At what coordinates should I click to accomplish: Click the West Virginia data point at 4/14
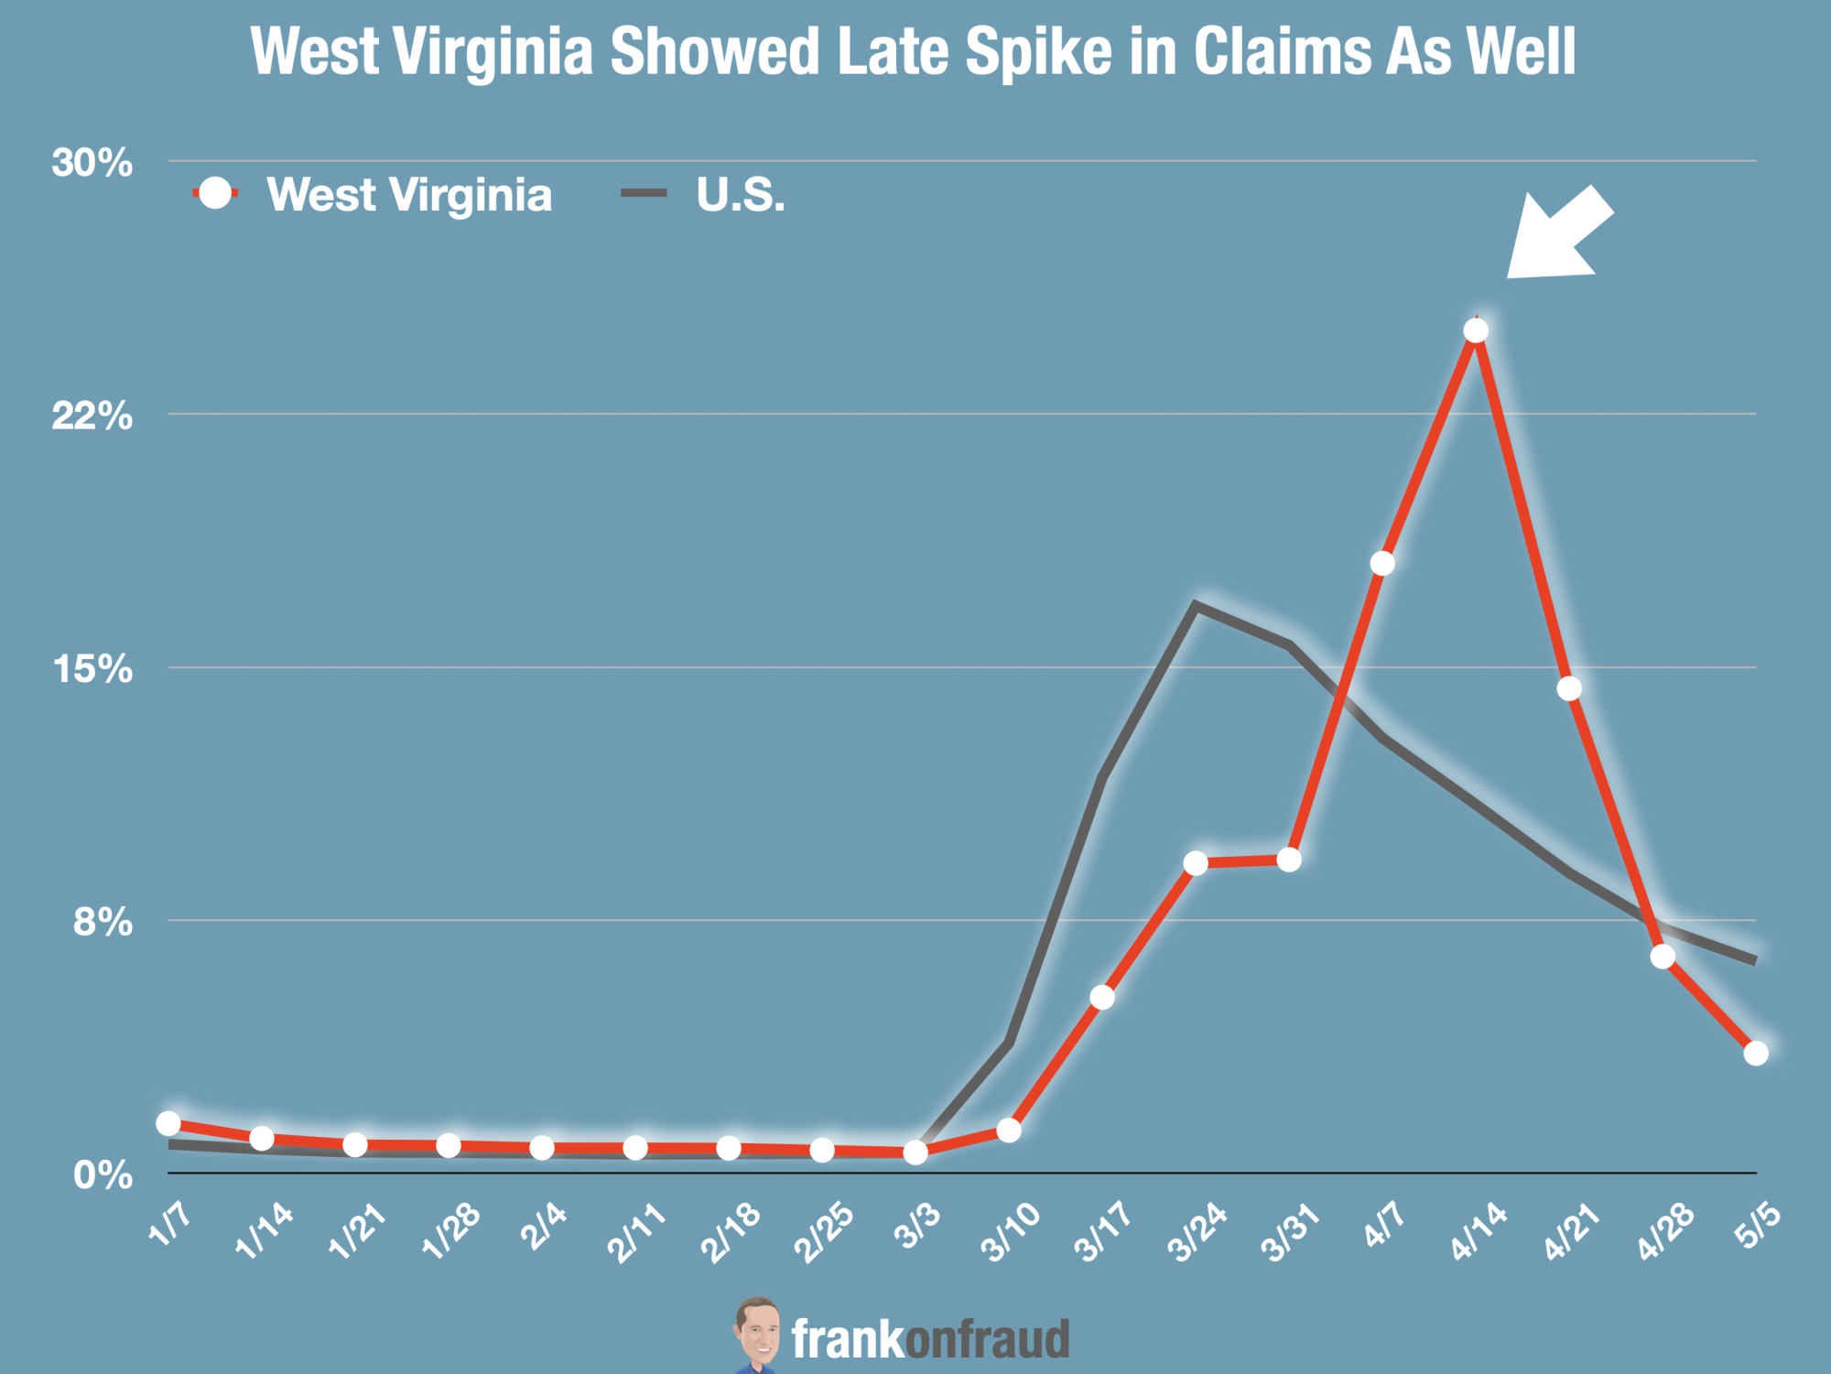(x=1476, y=330)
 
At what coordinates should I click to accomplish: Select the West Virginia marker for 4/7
(x=1382, y=563)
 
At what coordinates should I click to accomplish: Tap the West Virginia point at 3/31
(x=1289, y=860)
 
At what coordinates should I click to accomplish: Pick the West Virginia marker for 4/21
(x=1569, y=688)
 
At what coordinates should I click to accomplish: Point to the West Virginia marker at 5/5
(x=1756, y=1053)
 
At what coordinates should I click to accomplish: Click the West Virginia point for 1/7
(x=168, y=1123)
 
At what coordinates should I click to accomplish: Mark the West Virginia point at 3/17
(x=1102, y=997)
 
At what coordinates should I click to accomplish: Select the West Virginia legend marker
(x=215, y=193)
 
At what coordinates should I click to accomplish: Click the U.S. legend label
(x=740, y=195)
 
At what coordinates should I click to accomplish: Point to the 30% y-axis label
(x=92, y=163)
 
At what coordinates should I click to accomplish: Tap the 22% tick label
(x=92, y=417)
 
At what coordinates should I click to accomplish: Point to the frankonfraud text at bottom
(x=930, y=1339)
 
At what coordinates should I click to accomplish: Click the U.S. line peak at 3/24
(x=1195, y=605)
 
